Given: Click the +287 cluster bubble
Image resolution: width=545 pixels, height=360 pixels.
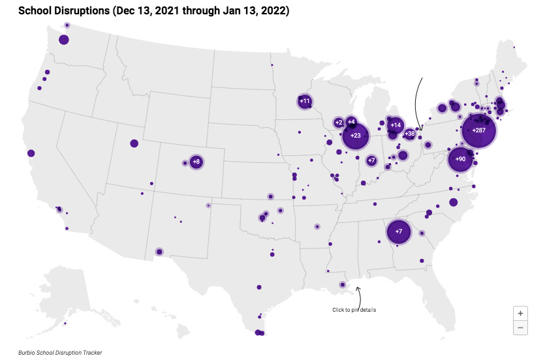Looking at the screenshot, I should pos(478,130).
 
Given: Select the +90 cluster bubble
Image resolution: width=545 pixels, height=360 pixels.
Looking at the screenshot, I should pos(460,159).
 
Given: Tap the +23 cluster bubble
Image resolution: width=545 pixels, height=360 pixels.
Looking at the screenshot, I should pos(356,136).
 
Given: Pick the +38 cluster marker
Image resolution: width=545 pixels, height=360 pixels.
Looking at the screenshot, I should pos(409,134).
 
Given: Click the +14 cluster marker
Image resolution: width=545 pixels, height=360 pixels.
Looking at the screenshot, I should pos(395,125).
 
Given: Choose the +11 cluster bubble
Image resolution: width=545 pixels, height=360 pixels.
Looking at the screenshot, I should pos(304,101).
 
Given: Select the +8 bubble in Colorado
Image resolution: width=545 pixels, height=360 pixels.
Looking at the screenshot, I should pos(196,162).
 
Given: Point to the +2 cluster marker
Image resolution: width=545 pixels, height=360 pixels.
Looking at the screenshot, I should pos(339,123).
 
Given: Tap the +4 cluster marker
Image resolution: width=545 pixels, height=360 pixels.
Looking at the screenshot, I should pos(351,122).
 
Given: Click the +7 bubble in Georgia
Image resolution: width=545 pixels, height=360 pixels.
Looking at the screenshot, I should pos(399,232).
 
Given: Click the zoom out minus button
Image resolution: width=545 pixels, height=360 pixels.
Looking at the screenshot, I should pos(520,327).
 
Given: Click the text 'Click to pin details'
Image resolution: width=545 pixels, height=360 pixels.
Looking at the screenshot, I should pos(354,310).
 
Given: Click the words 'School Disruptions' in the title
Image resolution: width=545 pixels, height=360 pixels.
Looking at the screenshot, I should pos(70,11).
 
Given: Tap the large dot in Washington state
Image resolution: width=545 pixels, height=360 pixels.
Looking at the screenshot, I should pos(64,40).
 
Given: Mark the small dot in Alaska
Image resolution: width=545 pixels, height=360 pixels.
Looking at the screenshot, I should pos(65,323).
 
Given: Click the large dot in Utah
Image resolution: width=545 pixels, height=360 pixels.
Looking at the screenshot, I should pos(134,143).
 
